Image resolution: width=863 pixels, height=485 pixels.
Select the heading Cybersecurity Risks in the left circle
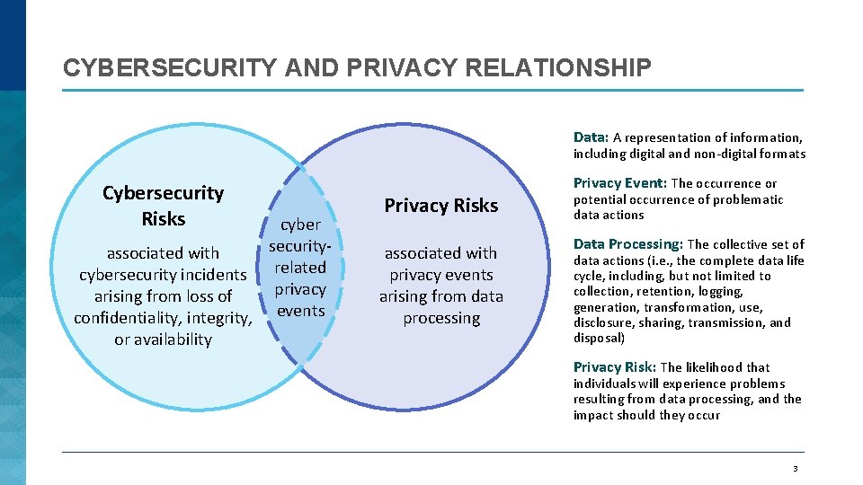(163, 206)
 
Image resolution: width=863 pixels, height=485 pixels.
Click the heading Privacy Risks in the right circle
(440, 206)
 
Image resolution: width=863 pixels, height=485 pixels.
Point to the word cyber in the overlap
(300, 225)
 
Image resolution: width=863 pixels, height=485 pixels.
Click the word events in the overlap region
(300, 311)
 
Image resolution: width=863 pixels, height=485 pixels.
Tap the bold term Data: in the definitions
(592, 137)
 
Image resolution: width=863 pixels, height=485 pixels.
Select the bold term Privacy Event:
(620, 183)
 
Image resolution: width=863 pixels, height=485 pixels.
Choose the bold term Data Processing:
(628, 244)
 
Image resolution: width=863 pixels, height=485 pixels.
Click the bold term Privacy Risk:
(615, 366)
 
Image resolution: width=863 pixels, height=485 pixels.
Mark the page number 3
(795, 469)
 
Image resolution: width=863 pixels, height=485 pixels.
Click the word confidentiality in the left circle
(127, 318)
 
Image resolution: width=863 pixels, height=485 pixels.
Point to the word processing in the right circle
(441, 318)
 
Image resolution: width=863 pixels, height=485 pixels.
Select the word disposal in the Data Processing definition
(597, 339)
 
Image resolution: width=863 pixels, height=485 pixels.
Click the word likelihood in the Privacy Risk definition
(715, 367)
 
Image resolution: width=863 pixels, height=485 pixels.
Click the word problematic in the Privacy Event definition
(739, 199)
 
